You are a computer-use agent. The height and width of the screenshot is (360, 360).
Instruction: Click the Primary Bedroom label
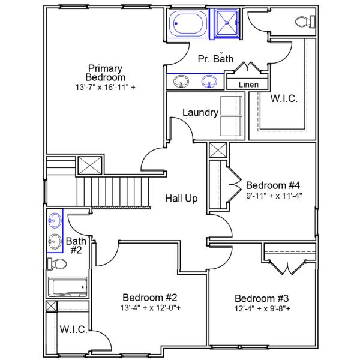tap(106, 73)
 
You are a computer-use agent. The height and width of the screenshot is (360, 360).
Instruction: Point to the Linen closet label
tap(248, 85)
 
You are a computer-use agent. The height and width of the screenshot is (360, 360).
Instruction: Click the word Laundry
tap(199, 112)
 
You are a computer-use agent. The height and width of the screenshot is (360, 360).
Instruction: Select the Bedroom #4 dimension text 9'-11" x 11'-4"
tap(274, 194)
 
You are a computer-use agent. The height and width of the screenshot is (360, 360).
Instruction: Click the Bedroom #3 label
tap(262, 299)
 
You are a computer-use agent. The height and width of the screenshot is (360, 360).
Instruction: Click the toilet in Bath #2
tap(59, 264)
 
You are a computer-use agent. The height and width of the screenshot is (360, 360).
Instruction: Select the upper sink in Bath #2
tap(55, 220)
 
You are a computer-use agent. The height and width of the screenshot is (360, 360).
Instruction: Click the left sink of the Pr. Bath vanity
tap(179, 81)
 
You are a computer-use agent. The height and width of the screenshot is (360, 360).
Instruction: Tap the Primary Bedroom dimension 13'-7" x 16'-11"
tap(106, 87)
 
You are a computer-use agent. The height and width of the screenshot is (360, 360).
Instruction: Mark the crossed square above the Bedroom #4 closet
tap(218, 150)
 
